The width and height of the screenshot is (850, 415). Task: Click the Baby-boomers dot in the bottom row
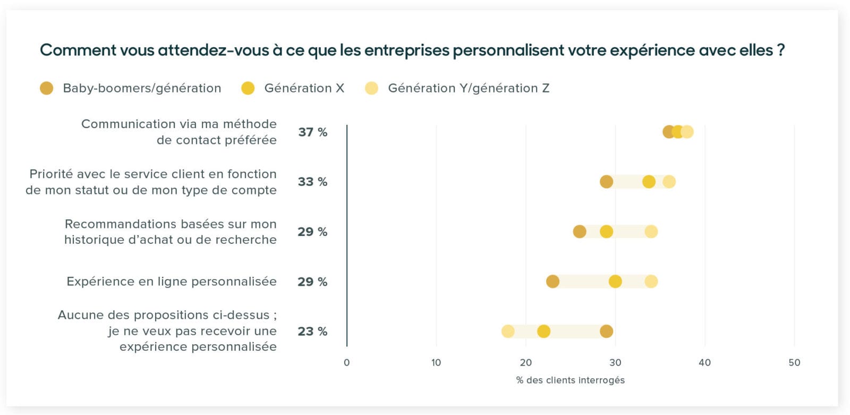pos(606,332)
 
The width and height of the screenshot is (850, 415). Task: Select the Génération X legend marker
pos(248,88)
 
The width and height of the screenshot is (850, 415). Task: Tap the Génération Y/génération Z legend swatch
pos(372,88)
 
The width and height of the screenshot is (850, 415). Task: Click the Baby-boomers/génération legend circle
pos(47,88)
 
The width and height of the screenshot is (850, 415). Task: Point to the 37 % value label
pos(312,132)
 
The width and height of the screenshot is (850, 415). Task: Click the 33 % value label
pos(312,182)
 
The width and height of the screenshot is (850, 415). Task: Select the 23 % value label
pos(312,332)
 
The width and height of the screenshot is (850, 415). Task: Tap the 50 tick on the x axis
pos(794,362)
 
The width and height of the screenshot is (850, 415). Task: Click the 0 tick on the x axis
pos(347,362)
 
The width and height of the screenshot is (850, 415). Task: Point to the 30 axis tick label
pos(615,362)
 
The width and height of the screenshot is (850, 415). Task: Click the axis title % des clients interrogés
pos(570,380)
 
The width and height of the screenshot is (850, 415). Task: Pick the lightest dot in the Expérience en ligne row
pos(651,282)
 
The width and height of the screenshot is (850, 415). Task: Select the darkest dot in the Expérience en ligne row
pos(552,282)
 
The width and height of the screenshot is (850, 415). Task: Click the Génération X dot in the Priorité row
pos(649,182)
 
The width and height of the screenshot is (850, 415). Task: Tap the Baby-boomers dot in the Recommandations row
pos(580,232)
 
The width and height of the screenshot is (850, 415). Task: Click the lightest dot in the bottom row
pos(508,332)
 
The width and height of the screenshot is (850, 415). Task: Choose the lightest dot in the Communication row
pos(687,132)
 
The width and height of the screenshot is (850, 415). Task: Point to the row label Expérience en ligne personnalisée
pos(171,282)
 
